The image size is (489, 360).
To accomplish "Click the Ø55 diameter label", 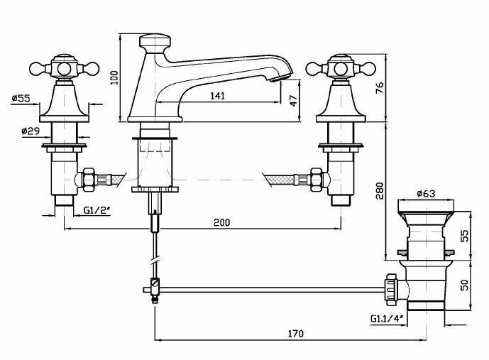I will pos(21,99).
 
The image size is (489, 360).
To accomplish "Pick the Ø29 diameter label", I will pos(29,131).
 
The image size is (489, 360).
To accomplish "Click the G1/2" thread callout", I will pos(96,211).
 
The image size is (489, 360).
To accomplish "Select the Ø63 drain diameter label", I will pos(426,192).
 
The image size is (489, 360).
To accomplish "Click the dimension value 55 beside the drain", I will pos(464,235).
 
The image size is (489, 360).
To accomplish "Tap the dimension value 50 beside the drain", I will pos(464,285).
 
